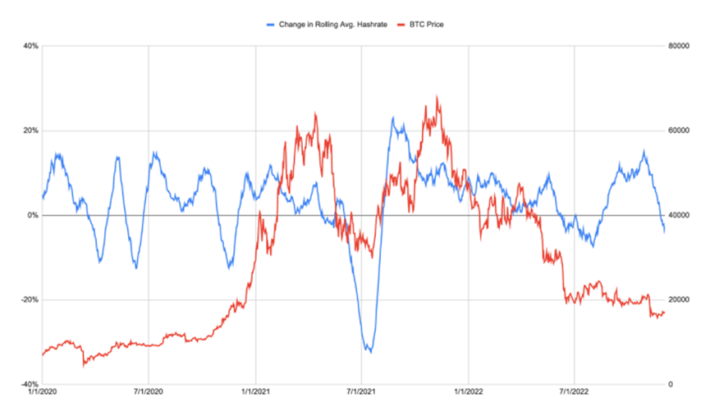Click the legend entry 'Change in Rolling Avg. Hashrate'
[328, 25]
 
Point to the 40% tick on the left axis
[31, 46]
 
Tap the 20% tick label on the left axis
[31, 130]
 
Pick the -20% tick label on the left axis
[30, 299]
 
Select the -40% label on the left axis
[30, 384]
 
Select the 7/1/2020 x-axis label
[148, 394]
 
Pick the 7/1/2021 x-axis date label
[361, 394]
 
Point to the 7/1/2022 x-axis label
[574, 394]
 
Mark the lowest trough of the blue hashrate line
[370, 352]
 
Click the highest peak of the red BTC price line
[437, 96]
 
